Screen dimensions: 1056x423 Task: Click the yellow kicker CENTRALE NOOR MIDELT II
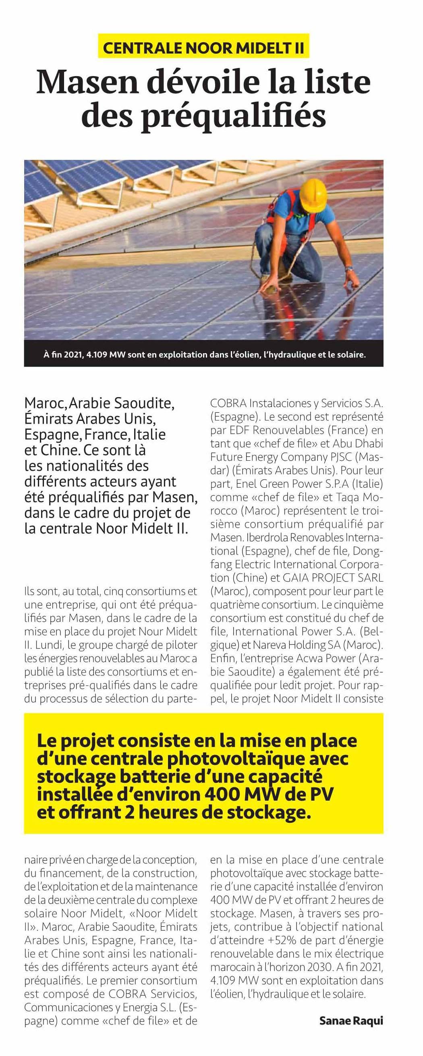click(203, 48)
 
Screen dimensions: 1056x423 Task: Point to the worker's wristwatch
click(349, 269)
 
